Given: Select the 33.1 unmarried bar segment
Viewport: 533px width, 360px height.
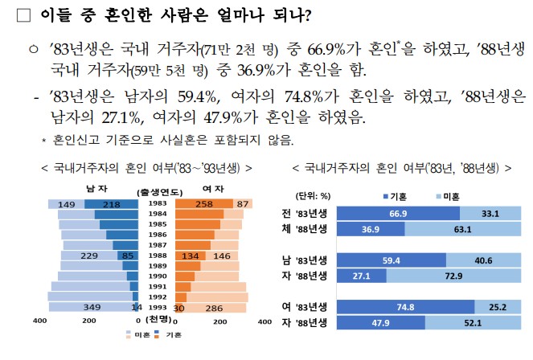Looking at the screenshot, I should click(x=491, y=214).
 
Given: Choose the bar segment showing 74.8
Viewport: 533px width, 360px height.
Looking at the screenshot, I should click(x=405, y=306).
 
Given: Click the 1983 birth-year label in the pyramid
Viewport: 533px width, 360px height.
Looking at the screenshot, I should click(x=157, y=204).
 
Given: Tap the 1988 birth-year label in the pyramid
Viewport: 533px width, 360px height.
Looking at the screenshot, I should click(x=157, y=256).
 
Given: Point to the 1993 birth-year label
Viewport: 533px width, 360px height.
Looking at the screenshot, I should click(x=157, y=307).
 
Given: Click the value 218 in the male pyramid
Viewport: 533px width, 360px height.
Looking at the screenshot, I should click(x=112, y=204).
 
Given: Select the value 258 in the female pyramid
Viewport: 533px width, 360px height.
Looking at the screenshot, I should click(x=203, y=204).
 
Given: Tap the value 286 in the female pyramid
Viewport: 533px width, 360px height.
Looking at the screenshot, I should click(x=215, y=307).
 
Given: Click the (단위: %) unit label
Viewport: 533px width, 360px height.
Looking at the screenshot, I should click(x=314, y=195).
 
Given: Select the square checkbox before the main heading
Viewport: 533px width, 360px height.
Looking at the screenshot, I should click(x=23, y=16).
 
